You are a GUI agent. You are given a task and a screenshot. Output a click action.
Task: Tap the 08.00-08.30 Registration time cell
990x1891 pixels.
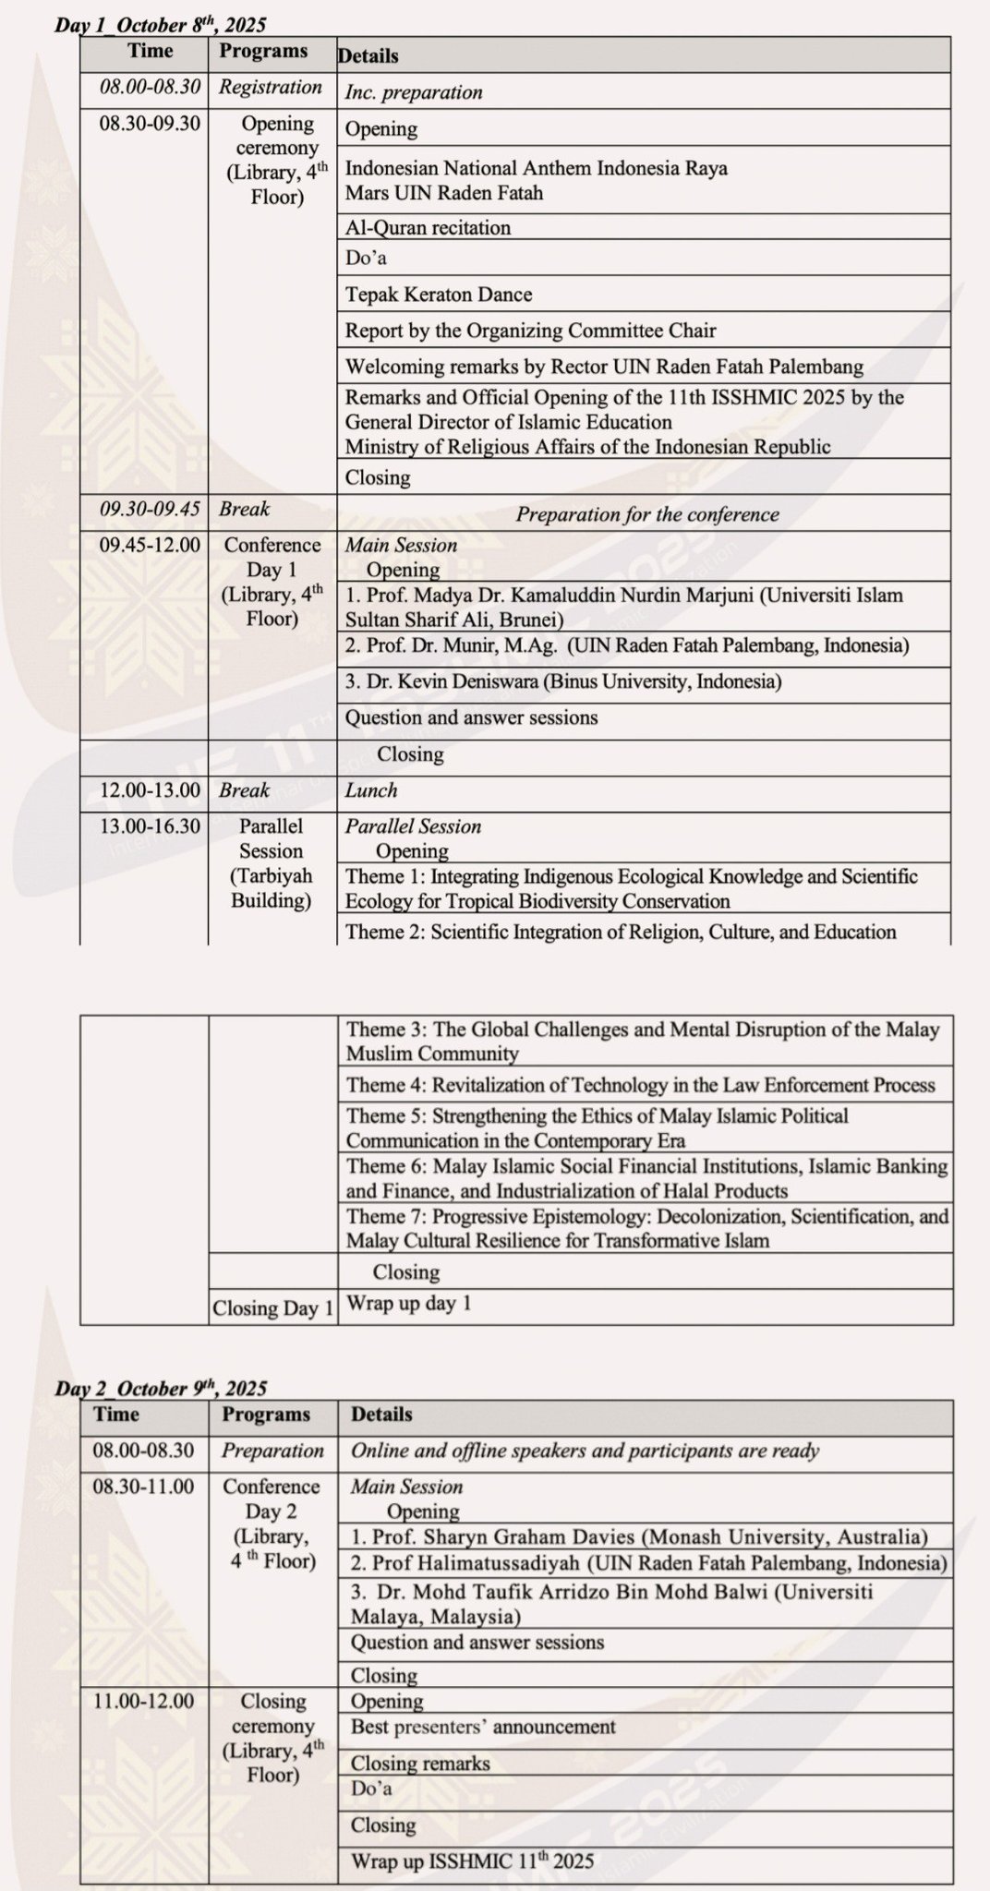tap(150, 88)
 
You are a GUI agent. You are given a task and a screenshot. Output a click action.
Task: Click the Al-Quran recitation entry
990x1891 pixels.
tap(428, 227)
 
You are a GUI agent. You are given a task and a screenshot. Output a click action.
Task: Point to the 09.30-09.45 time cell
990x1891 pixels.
tap(150, 509)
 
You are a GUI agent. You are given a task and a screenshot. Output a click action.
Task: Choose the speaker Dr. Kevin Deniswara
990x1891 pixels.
tap(563, 681)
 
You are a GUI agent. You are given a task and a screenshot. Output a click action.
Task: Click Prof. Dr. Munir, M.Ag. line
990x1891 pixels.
tap(627, 645)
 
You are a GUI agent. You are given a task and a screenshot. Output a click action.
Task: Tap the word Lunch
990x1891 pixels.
tap(371, 790)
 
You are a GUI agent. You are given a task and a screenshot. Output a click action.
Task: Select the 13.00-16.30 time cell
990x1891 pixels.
tap(150, 826)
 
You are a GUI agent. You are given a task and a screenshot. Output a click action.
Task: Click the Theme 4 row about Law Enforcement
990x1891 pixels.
tap(641, 1085)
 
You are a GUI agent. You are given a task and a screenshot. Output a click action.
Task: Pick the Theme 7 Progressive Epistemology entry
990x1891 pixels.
tap(646, 1227)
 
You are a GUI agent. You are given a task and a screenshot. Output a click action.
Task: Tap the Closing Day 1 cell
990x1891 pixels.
tap(272, 1307)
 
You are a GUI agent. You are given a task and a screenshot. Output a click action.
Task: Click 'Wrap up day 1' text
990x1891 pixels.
tap(408, 1304)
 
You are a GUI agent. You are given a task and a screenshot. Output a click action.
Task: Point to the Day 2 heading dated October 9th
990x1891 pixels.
tap(161, 1388)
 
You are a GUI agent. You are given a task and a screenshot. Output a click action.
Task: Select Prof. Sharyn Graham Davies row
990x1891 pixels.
tap(639, 1536)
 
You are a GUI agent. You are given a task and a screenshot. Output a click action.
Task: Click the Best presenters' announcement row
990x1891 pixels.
tap(483, 1726)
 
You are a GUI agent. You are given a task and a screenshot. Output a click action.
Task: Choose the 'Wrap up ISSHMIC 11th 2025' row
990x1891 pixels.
tap(472, 1861)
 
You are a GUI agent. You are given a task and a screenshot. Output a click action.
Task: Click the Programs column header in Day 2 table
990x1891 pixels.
tap(266, 1414)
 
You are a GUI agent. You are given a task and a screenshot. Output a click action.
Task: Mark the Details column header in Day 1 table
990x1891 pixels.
tap(368, 55)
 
